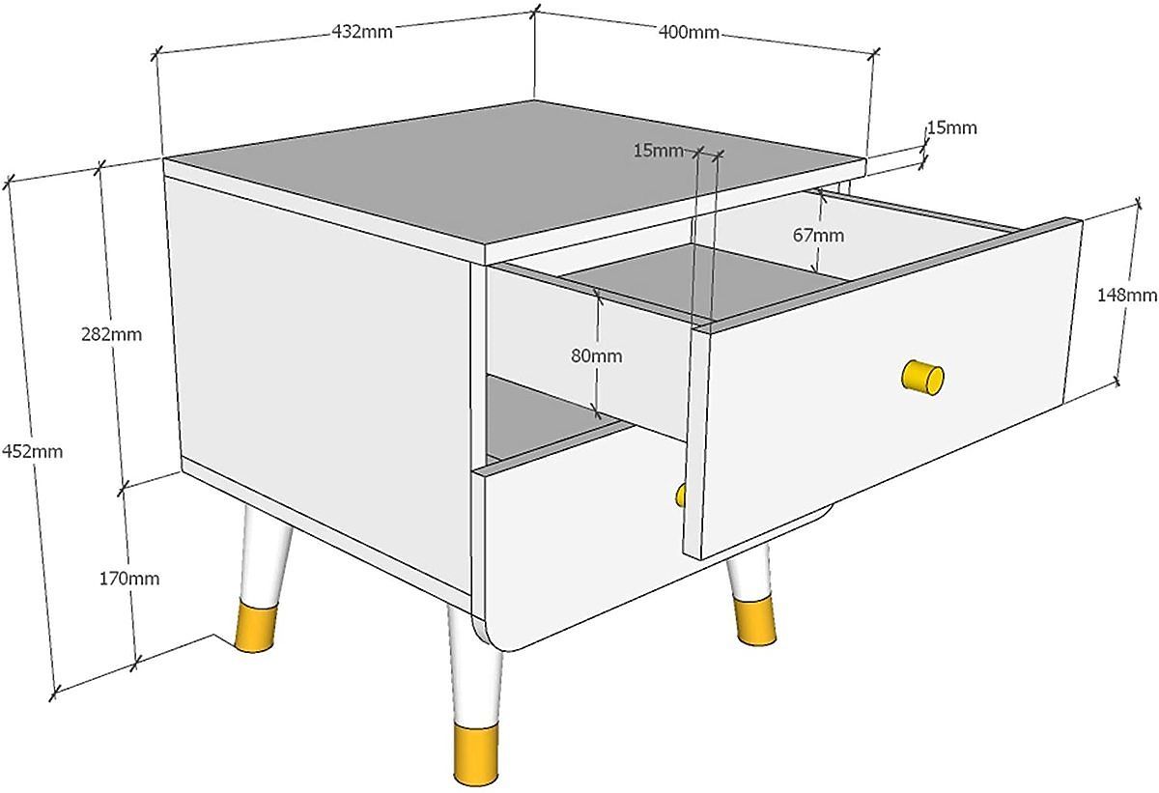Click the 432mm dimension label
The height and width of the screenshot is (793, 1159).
pos(361,32)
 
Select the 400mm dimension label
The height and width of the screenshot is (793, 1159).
pos(689,32)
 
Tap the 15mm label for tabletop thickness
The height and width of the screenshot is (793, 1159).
pos(951,127)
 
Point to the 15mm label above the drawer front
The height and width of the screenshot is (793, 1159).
pos(659,151)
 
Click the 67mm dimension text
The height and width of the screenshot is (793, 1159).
pos(818,236)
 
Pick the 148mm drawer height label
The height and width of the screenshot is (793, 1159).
pos(1127,295)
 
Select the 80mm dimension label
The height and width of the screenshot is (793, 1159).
pos(597,355)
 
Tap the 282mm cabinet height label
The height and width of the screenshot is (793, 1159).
pos(111,335)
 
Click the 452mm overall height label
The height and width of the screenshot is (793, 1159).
pos(32,452)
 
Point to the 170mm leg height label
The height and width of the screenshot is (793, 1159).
pos(129,579)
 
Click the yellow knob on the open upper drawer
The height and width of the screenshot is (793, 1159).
pos(922,378)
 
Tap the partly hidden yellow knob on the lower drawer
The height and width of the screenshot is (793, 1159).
pos(681,496)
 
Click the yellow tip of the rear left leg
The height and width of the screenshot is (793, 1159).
pos(256,627)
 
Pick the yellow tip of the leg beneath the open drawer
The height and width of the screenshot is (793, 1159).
pos(755,621)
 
